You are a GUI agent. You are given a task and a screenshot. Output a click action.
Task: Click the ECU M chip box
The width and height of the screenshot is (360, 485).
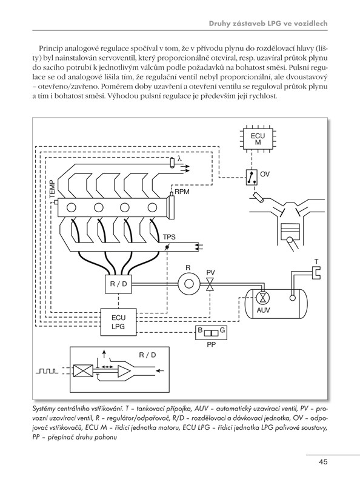pos(258,139)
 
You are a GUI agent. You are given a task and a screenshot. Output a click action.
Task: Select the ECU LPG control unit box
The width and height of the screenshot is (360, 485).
pos(118,322)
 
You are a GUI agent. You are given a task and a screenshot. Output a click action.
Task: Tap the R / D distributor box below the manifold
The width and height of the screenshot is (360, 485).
pos(119,284)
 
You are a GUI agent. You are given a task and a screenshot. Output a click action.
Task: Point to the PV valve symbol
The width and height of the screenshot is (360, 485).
pos(211,284)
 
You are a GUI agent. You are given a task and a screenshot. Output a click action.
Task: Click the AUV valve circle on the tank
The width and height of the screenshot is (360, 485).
pos(263,298)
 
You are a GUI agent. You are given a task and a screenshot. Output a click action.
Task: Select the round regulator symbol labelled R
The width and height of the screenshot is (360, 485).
pos(188,283)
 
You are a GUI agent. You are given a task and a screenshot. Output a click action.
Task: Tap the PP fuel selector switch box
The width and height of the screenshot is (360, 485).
pos(212,333)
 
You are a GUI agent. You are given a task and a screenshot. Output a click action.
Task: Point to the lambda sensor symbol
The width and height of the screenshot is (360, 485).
pos(172,162)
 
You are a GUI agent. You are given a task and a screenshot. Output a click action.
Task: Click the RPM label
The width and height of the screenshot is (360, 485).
pos(182,192)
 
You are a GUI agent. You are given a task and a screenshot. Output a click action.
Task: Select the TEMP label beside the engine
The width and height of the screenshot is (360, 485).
pos(52,189)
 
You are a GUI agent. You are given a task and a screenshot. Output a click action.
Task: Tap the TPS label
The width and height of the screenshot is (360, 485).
pos(169,237)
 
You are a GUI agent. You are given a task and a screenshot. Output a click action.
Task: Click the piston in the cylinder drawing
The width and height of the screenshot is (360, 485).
pos(290,230)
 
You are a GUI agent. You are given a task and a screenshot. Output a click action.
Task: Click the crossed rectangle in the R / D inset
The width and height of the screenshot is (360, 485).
pos(83,370)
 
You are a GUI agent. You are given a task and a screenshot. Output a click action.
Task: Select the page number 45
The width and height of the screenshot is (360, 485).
pos(323,462)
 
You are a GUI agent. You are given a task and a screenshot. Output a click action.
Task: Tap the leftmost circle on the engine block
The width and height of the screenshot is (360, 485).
pos(72,207)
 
